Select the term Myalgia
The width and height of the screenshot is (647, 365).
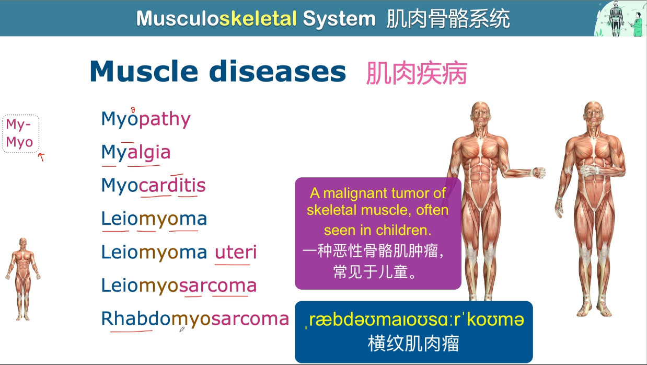tap(136, 152)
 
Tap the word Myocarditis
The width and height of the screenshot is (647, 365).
tap(154, 186)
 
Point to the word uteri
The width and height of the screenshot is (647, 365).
tap(236, 253)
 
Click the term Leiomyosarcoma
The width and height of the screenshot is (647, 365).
tap(179, 286)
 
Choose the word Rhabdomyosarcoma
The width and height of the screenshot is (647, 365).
tap(195, 318)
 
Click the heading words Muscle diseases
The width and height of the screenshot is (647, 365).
tap(217, 72)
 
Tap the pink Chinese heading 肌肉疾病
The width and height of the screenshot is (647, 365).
tap(416, 73)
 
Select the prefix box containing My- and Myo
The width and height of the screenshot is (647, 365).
tap(20, 133)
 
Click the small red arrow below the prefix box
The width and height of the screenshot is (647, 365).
tap(41, 156)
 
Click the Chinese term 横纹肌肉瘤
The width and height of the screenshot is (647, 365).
tap(413, 344)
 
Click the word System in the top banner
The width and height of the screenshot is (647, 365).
tap(339, 19)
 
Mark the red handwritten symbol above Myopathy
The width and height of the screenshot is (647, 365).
tap(133, 109)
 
